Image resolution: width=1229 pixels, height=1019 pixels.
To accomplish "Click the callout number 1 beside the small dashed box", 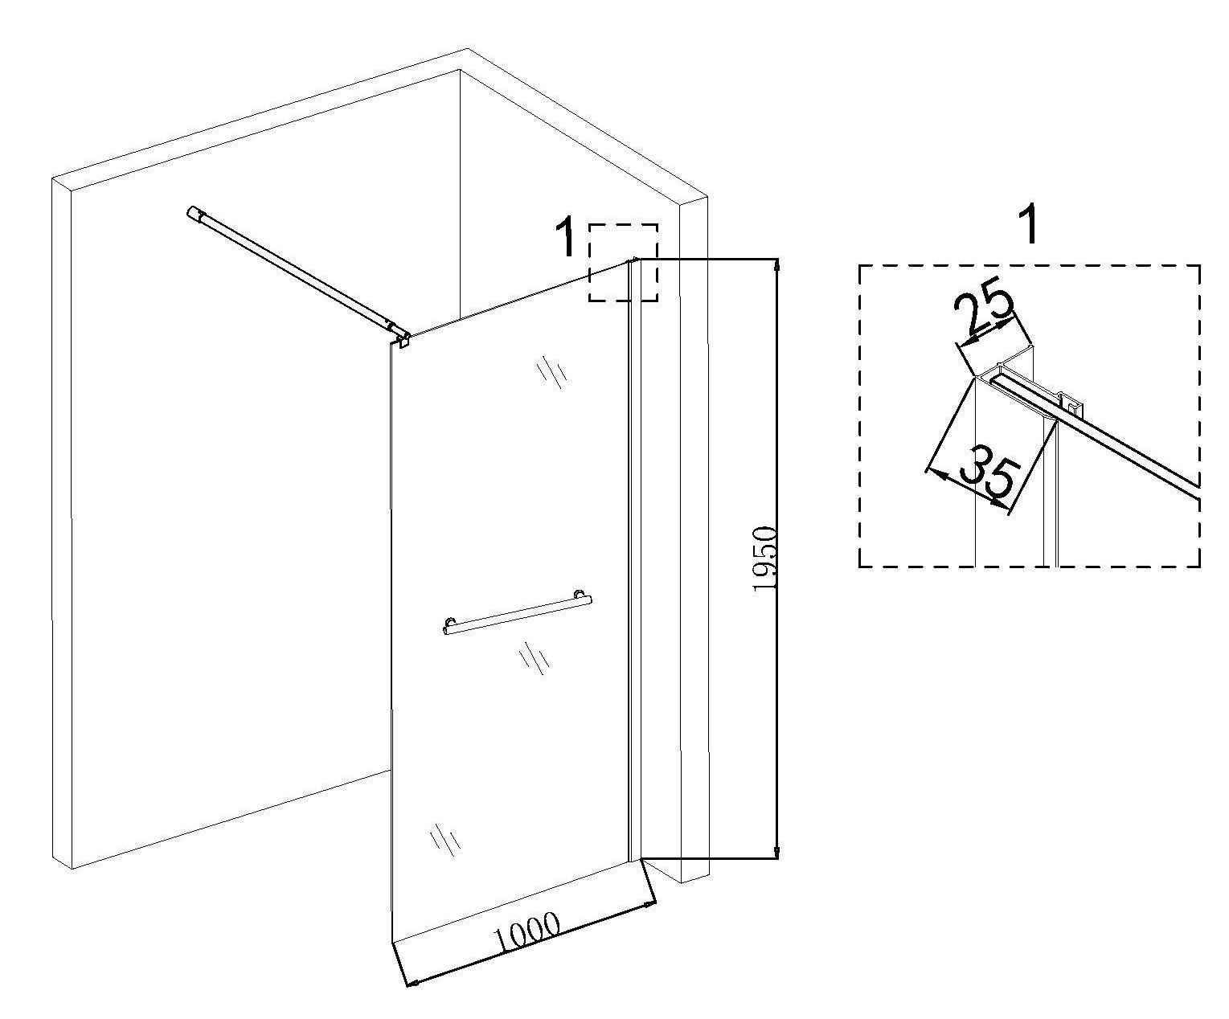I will (x=567, y=236).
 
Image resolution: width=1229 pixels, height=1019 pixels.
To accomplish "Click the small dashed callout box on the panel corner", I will (x=623, y=263).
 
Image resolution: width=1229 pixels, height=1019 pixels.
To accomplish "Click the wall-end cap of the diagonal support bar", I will (x=195, y=214).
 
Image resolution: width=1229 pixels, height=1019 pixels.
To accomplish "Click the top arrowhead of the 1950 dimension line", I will (x=776, y=264).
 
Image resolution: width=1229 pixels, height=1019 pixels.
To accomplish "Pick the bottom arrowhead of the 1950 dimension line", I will (x=776, y=853).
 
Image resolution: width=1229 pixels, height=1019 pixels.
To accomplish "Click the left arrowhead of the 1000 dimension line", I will (x=411, y=981).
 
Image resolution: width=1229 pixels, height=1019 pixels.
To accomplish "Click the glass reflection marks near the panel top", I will (x=551, y=371).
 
